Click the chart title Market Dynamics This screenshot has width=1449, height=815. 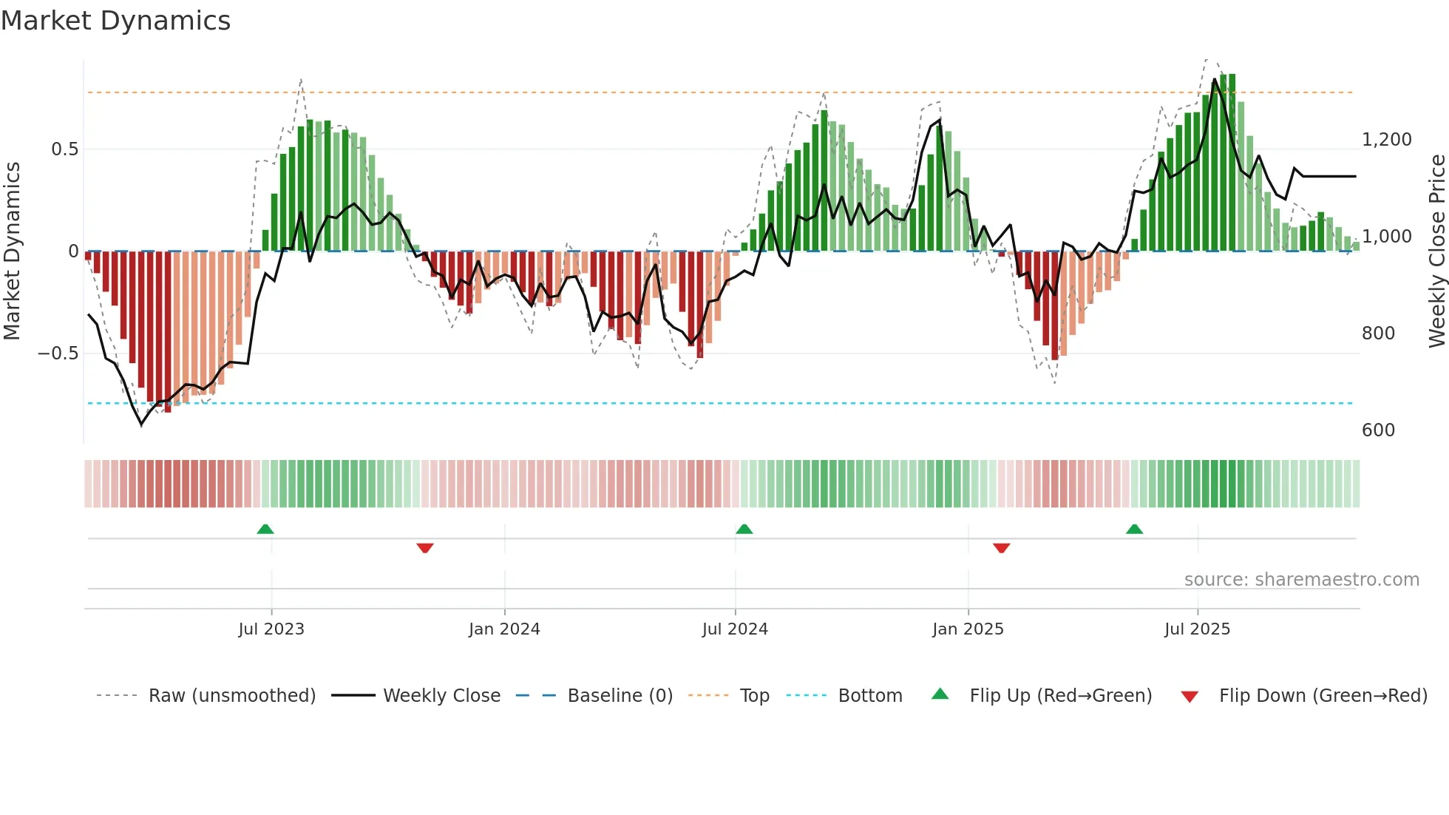115,21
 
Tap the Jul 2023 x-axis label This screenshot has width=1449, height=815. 271,629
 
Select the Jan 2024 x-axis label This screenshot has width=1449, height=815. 504,629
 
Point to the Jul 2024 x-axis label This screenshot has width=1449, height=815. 735,629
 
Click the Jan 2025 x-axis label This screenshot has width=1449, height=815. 968,629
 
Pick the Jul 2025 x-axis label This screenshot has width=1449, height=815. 1197,629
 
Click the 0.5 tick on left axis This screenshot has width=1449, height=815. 64,149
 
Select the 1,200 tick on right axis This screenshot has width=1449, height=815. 1386,140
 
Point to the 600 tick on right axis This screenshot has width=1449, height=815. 1378,430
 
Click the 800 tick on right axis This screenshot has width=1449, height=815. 1378,334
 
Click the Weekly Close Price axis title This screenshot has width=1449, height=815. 1436,251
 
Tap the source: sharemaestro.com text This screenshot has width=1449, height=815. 1301,580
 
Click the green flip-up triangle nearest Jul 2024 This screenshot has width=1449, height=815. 744,530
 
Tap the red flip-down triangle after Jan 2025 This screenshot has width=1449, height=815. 1002,548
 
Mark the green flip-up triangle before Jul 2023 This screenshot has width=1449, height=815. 265,530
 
